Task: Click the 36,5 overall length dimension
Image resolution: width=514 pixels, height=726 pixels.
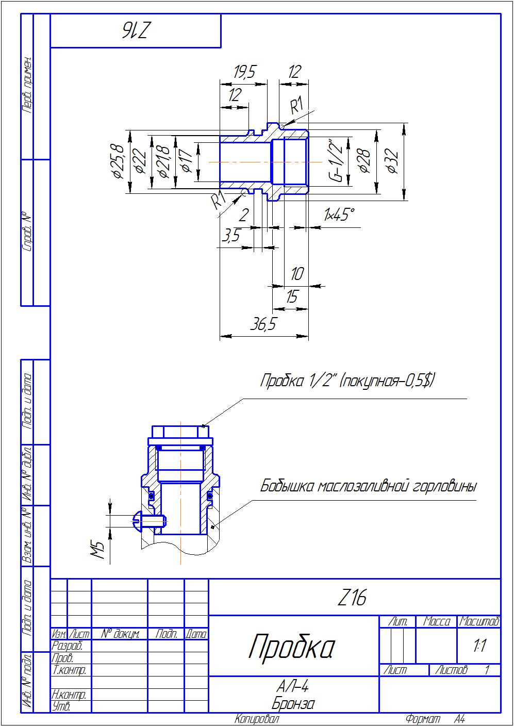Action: click(263, 324)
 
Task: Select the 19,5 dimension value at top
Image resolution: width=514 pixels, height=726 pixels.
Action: click(244, 72)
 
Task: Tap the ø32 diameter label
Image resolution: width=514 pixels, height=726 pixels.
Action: click(393, 161)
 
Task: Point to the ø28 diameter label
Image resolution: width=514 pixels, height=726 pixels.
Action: click(364, 161)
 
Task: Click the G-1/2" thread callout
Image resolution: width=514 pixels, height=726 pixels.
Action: click(336, 160)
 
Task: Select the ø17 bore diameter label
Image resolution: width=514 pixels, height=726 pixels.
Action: click(187, 161)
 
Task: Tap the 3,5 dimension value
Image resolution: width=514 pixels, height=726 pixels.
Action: click(231, 236)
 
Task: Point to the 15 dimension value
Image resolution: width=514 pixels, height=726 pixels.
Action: click(292, 297)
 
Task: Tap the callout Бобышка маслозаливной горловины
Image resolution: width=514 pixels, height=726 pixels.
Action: click(368, 486)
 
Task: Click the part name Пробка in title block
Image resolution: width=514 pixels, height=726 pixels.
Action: click(292, 647)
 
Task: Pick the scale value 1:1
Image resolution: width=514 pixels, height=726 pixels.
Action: click(479, 646)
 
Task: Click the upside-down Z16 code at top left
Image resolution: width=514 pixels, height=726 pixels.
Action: click(136, 31)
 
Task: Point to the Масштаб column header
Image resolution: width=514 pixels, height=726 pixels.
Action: click(479, 621)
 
